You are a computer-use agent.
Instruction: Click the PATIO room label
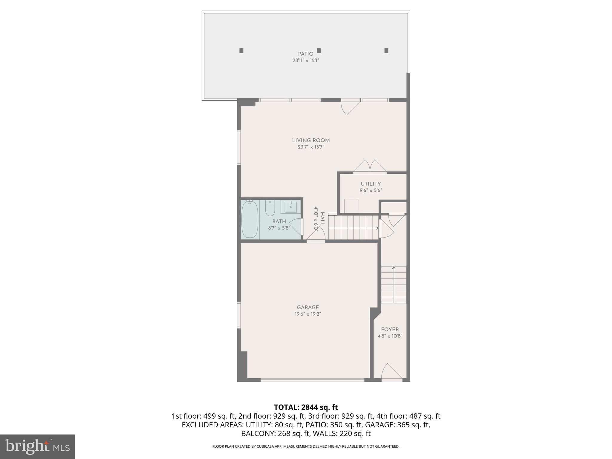click(x=305, y=54)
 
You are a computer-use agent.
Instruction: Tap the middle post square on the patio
click(x=319, y=51)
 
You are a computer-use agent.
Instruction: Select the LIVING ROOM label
click(x=311, y=140)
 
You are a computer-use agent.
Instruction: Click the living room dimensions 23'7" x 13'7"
click(x=311, y=147)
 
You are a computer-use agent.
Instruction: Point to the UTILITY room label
click(x=371, y=184)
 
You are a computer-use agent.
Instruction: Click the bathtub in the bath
click(x=250, y=220)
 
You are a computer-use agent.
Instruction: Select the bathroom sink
click(x=290, y=206)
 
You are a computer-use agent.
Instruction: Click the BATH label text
click(x=279, y=221)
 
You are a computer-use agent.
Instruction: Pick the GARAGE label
click(x=308, y=307)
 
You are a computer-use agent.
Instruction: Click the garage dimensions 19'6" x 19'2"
click(x=308, y=314)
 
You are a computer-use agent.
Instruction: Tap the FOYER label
click(x=390, y=329)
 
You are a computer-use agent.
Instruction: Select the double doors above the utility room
click(x=370, y=167)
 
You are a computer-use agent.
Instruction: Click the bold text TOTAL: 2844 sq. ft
click(x=306, y=407)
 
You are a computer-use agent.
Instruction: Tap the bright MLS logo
click(x=37, y=446)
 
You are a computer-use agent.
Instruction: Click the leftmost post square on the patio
click(x=241, y=51)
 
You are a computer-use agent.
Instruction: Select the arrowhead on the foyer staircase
click(x=394, y=268)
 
